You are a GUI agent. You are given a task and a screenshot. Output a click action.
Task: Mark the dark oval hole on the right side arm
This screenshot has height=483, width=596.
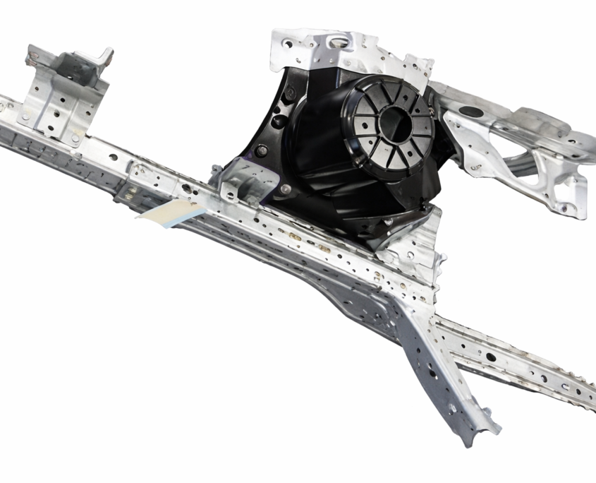coord(472,112)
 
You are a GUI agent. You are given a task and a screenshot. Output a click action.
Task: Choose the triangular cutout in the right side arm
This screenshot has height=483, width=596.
coord(543,169)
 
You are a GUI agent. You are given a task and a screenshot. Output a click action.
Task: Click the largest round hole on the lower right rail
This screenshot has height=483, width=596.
coord(490,357)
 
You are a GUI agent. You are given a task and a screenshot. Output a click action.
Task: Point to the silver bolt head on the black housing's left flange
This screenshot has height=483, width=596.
coord(262,150)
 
